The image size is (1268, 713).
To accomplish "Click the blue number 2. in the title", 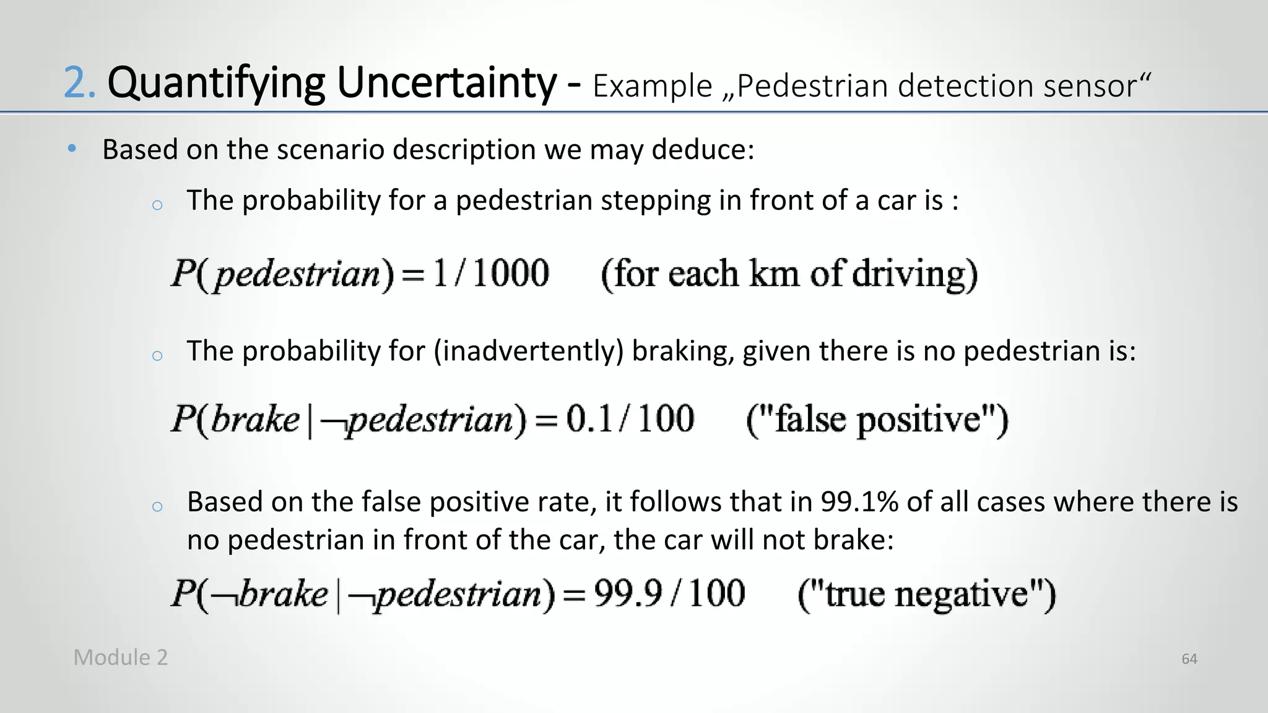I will click(79, 84).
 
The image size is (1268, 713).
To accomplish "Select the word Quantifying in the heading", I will click(215, 84).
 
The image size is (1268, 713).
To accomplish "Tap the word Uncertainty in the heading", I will click(446, 84).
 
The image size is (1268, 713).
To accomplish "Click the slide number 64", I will click(1189, 659).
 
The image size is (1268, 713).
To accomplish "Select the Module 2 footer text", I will click(120, 657).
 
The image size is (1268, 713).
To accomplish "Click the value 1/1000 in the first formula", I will click(491, 273).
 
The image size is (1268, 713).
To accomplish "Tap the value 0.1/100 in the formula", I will click(630, 419).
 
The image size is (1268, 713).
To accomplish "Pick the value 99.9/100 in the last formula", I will click(669, 594).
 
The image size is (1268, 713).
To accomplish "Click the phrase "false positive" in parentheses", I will click(877, 420).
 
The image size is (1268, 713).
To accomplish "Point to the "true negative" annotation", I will click(926, 594).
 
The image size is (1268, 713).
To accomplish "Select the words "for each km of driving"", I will click(789, 274).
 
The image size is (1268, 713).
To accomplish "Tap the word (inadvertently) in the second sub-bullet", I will click(528, 352).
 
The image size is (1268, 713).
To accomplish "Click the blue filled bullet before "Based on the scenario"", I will click(72, 149).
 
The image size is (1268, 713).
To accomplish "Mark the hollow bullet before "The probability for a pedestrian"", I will click(157, 205).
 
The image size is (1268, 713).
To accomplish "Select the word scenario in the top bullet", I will click(331, 150).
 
